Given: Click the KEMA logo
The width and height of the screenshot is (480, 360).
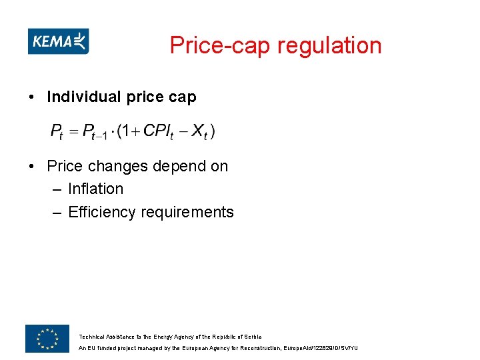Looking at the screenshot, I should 58,41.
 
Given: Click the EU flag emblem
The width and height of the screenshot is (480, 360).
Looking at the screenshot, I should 47,339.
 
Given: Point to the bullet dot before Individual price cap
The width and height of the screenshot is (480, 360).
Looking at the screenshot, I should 32,97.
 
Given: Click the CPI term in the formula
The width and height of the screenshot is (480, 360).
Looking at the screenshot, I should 159,131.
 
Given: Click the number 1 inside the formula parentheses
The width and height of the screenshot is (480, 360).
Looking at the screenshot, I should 125,131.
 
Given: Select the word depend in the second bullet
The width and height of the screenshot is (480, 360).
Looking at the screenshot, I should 173,166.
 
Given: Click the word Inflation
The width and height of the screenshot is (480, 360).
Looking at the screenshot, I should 95,189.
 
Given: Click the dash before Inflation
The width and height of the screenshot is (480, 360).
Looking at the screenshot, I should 57,189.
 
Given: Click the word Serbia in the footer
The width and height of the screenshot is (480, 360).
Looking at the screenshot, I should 253,337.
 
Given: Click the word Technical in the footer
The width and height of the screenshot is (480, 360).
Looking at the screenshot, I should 91,337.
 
